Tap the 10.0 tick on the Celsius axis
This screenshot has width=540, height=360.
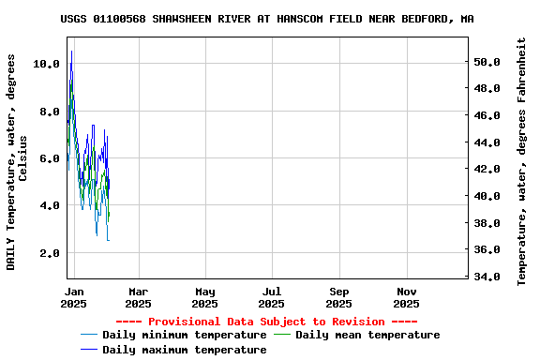tap(46, 64)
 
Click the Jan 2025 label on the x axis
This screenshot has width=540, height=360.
tap(73, 297)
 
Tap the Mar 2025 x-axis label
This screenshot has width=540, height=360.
tap(138, 297)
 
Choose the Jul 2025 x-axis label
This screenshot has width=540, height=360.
tap(272, 297)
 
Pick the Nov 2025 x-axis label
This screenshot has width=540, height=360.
tap(406, 297)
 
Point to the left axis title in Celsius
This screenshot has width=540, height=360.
tap(17, 161)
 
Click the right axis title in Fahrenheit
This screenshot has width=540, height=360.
tap(522, 161)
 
